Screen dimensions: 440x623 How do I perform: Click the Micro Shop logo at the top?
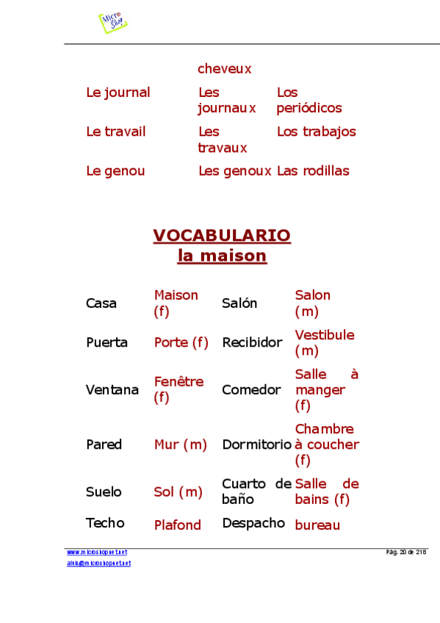tap(112, 22)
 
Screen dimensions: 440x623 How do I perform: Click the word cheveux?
tap(225, 69)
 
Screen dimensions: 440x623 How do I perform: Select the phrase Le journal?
tap(118, 93)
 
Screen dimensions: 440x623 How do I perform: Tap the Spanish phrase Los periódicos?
tap(309, 101)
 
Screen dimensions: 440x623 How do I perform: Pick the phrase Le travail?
tap(115, 132)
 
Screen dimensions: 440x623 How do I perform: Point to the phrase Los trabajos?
tap(316, 132)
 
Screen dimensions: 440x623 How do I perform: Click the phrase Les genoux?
tap(235, 171)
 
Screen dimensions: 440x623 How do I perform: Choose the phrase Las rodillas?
tap(313, 171)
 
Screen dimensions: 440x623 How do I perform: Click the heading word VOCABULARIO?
tap(222, 236)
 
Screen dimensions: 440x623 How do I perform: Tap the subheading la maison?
tap(222, 256)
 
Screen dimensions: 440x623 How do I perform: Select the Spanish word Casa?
tap(101, 303)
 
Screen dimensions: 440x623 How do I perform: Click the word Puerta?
tap(107, 342)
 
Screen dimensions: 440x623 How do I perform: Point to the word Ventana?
tap(112, 390)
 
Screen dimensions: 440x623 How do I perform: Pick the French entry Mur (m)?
tap(181, 444)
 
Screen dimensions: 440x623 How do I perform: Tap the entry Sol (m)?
tap(178, 492)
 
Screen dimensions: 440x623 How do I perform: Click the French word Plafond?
tap(177, 525)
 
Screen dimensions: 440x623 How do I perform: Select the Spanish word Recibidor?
tap(252, 342)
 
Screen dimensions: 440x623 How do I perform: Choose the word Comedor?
tap(251, 390)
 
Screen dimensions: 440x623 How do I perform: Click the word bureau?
tap(317, 525)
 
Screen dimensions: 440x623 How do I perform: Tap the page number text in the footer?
tap(406, 552)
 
